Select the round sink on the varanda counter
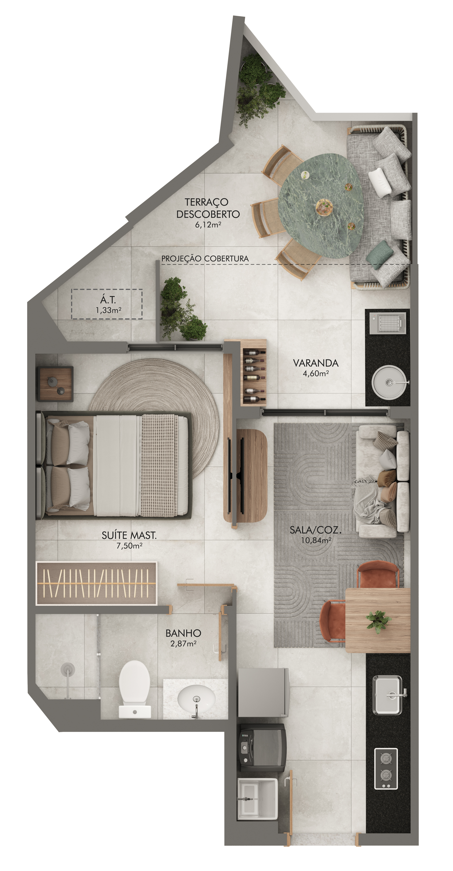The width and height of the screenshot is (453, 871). pyautogui.click(x=389, y=382)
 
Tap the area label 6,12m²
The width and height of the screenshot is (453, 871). pyautogui.click(x=208, y=225)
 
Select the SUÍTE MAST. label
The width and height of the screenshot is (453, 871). pyautogui.click(x=129, y=535)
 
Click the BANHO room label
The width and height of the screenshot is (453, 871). pyautogui.click(x=183, y=633)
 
